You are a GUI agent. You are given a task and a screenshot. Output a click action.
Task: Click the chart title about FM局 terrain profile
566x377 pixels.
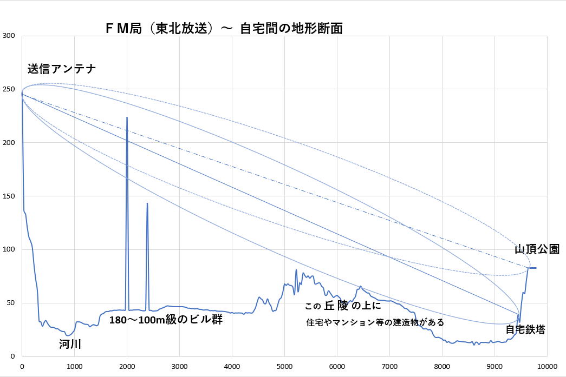224,29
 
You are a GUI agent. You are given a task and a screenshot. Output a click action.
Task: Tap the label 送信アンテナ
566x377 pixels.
62,69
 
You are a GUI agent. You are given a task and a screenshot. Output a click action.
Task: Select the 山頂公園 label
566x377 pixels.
537,249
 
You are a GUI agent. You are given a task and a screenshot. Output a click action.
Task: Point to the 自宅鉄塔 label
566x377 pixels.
525,329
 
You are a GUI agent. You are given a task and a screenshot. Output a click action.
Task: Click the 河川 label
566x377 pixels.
70,343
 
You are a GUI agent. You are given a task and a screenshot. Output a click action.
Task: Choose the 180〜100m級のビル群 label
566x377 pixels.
166,319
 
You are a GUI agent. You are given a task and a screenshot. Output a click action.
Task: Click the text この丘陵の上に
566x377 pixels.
343,306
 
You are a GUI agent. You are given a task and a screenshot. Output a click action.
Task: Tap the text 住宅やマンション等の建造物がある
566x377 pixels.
375,322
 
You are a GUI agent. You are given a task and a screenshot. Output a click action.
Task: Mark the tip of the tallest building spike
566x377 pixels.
127,117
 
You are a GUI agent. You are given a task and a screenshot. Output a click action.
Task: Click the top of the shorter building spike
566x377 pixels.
147,204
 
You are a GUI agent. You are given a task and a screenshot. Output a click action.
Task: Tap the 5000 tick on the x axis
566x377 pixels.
284,366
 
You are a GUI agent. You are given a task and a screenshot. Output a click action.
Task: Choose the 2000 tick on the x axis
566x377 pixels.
127,366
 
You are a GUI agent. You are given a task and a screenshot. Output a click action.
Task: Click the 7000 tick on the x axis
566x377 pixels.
389,366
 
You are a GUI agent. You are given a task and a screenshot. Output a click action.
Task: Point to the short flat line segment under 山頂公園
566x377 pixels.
532,268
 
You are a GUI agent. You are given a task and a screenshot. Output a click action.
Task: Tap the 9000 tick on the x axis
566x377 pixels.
495,366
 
